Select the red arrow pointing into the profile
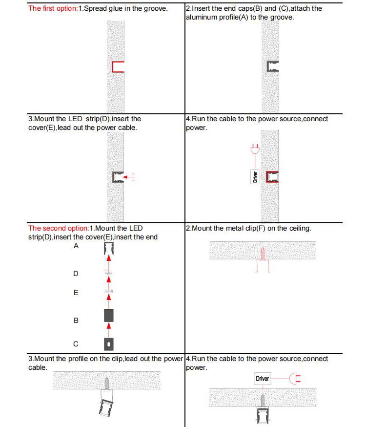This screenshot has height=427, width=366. [128, 177]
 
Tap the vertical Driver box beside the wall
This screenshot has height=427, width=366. [254, 176]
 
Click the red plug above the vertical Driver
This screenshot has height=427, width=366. [254, 148]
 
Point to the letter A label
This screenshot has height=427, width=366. [76, 246]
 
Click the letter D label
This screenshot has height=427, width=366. [76, 274]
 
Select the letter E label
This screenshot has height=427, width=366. [76, 293]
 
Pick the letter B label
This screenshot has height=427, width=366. [76, 320]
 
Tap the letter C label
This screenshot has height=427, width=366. [76, 344]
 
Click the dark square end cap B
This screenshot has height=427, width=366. [109, 315]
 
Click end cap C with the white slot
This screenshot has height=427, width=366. [109, 344]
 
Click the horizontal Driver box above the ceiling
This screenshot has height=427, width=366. [262, 379]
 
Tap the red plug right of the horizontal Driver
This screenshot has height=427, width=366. [295, 379]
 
